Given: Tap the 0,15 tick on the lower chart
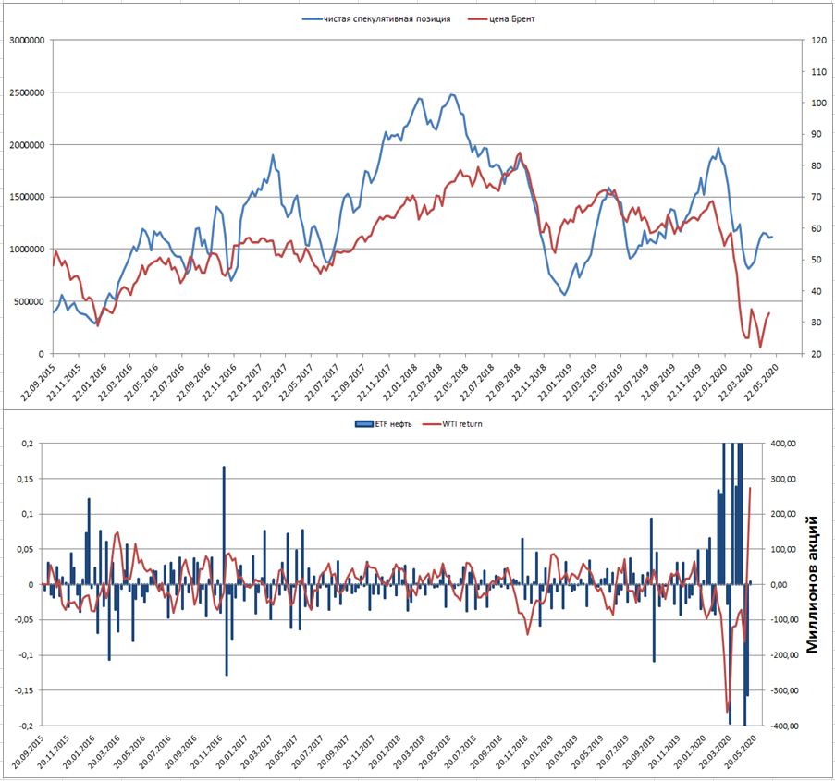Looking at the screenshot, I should coord(25,479).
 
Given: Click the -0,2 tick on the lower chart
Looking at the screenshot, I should coord(25,726).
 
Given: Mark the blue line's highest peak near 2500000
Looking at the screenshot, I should coord(452,94).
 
